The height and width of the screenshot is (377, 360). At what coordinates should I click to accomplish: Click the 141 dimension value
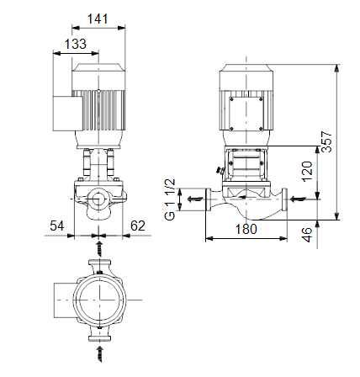pos(98,19)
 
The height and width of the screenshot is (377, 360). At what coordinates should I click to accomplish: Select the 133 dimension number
pos(76,44)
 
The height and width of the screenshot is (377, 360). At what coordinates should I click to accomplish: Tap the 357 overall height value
pos(326,141)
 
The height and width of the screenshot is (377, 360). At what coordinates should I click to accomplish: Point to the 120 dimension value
pos(307,172)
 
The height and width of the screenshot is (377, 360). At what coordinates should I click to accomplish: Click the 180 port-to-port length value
pos(246,229)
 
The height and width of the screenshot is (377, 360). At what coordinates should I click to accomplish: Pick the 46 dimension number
pos(307,235)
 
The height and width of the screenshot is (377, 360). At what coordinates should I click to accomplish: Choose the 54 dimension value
pos(57,226)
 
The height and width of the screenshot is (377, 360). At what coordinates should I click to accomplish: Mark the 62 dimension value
pos(138,226)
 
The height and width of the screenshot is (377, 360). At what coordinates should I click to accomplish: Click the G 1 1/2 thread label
pos(170,199)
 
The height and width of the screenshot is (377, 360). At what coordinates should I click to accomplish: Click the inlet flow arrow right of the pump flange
pos(298,199)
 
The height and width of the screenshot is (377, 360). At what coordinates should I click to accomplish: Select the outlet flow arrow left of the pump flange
pos(195,199)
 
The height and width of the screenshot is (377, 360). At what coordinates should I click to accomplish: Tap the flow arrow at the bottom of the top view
pos(99,354)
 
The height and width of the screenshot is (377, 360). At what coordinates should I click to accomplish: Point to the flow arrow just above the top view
pos(99,248)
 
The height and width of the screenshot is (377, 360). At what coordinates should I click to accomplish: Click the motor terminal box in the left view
pos(68,114)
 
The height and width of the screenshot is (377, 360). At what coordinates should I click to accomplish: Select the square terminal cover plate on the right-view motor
pos(246,114)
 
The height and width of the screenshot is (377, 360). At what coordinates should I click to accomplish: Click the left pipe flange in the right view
pos(209,199)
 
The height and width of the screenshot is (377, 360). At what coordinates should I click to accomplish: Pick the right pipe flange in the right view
pos(284,199)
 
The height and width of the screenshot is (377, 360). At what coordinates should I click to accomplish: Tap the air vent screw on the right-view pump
pos(220,171)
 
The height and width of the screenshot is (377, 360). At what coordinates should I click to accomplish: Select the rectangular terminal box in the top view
pos(65,300)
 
